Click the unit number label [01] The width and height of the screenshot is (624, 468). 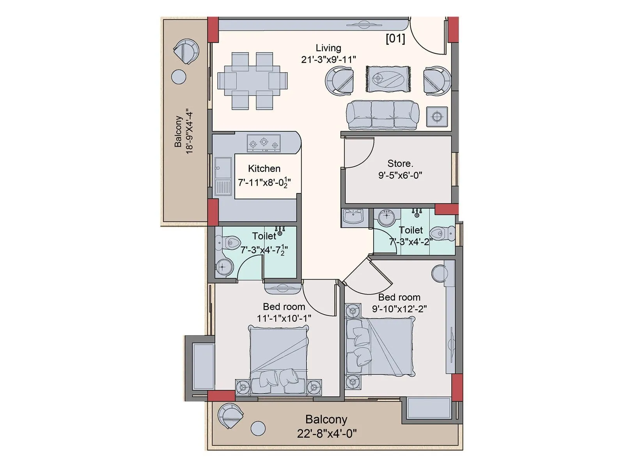coord(395,39)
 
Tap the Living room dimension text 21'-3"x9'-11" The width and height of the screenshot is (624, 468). coord(328,60)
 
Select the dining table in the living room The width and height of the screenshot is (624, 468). coord(252,81)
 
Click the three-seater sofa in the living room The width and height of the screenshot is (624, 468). coord(383,115)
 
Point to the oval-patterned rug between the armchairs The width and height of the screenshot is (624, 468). coord(388,79)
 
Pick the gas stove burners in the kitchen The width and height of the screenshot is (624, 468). coord(264,143)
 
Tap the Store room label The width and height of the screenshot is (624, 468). coord(400,163)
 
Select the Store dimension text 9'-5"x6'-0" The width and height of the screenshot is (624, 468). coord(400,175)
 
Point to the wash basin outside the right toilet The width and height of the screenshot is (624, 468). coord(354,216)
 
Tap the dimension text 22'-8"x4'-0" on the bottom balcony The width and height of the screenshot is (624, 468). coord(327,433)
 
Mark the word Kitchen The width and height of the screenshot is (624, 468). coord(264,168)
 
